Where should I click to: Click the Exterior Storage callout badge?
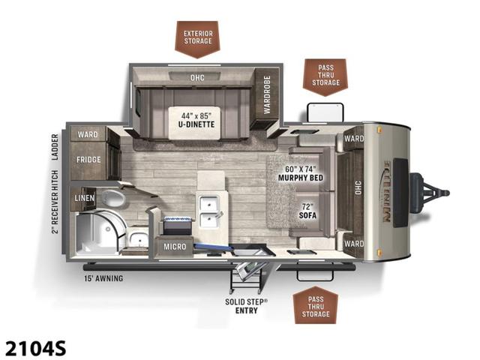click(197, 39)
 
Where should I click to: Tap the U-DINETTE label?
click(196, 124)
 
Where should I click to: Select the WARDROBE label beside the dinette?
click(267, 95)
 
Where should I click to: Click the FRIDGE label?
click(88, 160)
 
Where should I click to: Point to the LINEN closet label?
click(85, 198)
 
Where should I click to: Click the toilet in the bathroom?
click(112, 198)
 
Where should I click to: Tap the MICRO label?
click(175, 247)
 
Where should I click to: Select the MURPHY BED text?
click(301, 178)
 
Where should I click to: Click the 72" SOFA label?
click(307, 211)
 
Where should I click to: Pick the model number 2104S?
click(35, 348)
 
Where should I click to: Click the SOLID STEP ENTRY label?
click(247, 306)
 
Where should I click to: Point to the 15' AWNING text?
click(103, 278)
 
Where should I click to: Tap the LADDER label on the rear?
click(55, 147)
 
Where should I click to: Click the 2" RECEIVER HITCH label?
click(55, 202)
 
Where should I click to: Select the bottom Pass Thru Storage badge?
click(316, 305)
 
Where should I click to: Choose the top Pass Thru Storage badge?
click(325, 76)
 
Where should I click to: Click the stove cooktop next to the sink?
click(178, 225)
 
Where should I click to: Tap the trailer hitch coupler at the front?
click(430, 193)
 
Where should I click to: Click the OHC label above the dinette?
click(197, 77)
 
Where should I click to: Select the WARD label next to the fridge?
click(88, 134)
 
